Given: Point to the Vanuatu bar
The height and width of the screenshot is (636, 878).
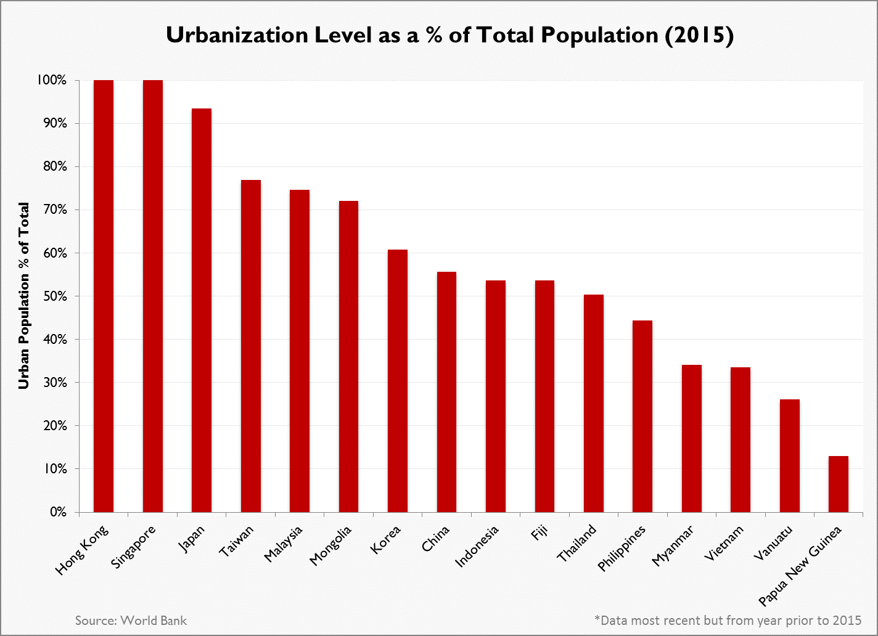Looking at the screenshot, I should (789, 455).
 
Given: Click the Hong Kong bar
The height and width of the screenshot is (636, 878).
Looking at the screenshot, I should (104, 296).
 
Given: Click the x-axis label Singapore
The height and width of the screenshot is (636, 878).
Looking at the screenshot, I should (134, 546).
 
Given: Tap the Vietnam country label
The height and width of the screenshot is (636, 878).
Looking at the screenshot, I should (725, 544).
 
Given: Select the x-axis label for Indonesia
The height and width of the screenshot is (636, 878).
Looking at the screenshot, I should (477, 547).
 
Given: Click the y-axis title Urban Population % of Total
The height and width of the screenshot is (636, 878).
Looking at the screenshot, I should (24, 296).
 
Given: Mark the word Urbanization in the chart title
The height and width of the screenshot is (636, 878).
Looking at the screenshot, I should (237, 36).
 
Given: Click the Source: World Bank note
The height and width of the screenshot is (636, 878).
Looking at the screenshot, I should (131, 620).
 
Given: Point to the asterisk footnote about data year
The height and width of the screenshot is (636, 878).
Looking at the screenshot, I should (728, 620).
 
